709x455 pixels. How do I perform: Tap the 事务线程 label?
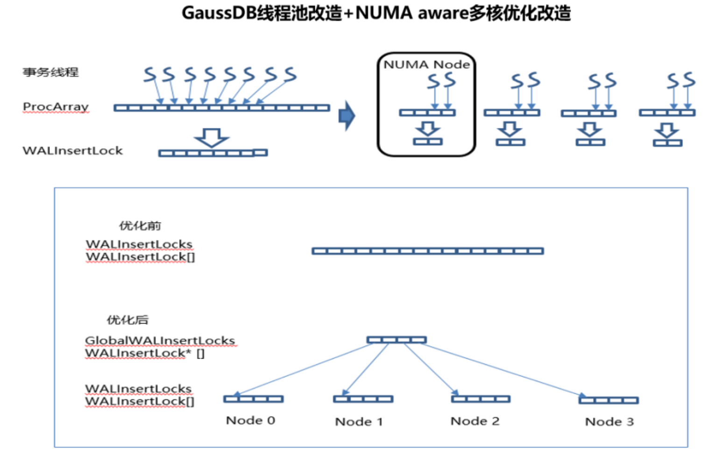pyautogui.click(x=50, y=72)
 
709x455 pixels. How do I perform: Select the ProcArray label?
pyautogui.click(x=56, y=107)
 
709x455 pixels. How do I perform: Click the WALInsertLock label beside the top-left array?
pyautogui.click(x=72, y=151)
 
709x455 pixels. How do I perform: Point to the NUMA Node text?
pyautogui.click(x=426, y=65)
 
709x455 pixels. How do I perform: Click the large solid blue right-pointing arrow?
pyautogui.click(x=347, y=116)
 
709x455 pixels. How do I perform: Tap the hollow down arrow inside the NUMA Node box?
pyautogui.click(x=427, y=129)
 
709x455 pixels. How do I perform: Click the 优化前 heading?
pyautogui.click(x=140, y=226)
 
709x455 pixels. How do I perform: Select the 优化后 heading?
pyautogui.click(x=128, y=320)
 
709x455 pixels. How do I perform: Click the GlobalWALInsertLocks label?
pyautogui.click(x=160, y=340)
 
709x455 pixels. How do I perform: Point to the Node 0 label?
pyautogui.click(x=250, y=420)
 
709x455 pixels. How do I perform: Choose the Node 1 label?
pyautogui.click(x=359, y=422)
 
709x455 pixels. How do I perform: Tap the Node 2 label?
pyautogui.click(x=475, y=421)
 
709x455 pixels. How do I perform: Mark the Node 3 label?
pyautogui.click(x=609, y=422)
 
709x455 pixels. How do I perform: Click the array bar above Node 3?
pyautogui.click(x=609, y=400)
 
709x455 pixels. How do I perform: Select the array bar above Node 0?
pyautogui.click(x=253, y=399)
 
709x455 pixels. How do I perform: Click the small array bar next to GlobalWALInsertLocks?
pyautogui.click(x=397, y=340)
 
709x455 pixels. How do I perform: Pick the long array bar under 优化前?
pyautogui.click(x=427, y=251)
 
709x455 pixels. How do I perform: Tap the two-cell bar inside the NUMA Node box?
pyautogui.click(x=428, y=142)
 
